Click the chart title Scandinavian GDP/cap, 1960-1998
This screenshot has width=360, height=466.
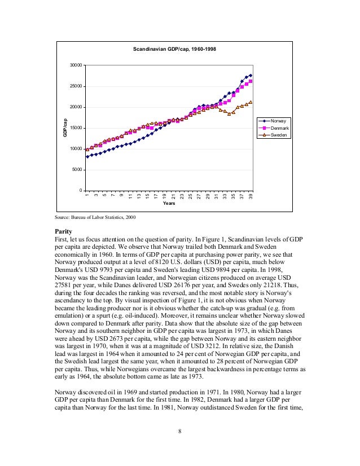click(174, 50)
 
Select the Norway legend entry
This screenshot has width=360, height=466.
click(278, 121)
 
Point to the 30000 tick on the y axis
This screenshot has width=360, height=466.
click(76, 65)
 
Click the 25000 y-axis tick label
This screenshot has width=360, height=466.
click(76, 86)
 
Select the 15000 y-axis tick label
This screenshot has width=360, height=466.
click(76, 128)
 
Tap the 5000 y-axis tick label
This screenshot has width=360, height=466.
click(77, 170)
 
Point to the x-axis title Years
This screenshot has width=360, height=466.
click(169, 204)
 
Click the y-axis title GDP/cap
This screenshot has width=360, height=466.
click(65, 128)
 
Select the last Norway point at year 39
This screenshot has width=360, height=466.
click(251, 75)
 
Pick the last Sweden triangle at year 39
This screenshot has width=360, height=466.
click(251, 102)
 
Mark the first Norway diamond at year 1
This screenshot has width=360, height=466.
click(87, 157)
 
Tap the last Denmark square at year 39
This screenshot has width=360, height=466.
click(251, 81)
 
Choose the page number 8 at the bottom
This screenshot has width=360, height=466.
click(179, 432)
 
